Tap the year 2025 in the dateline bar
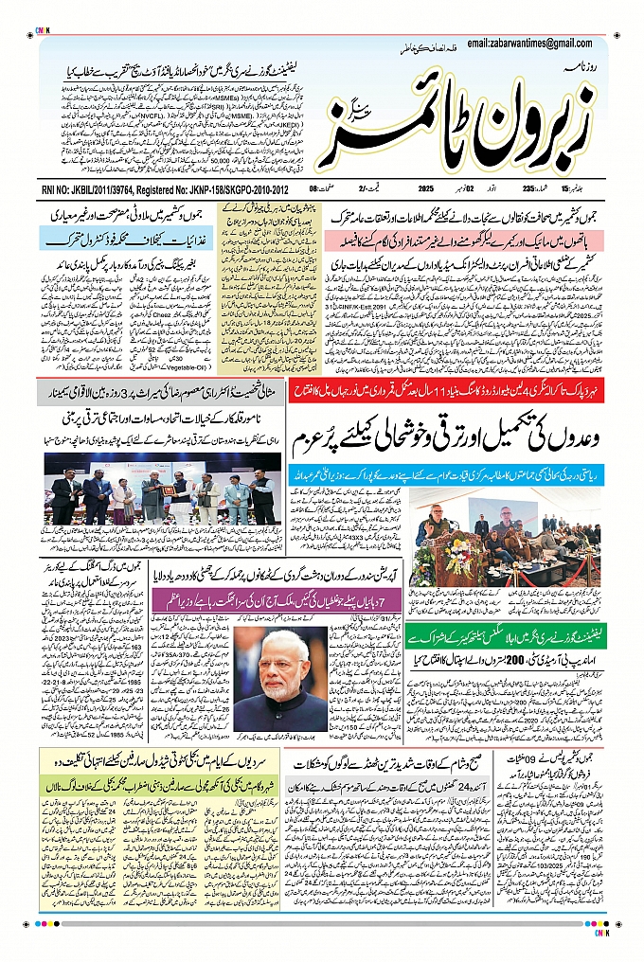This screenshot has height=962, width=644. click(x=425, y=189)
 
